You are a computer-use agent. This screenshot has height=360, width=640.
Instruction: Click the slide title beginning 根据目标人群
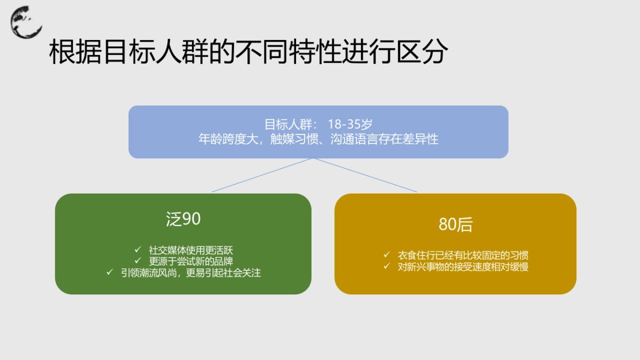point(248,53)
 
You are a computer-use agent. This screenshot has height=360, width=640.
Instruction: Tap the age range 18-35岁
point(350,125)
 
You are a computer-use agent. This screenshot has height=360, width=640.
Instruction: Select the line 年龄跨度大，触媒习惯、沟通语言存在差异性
point(318,139)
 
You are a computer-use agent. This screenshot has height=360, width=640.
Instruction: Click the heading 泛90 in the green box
point(183,219)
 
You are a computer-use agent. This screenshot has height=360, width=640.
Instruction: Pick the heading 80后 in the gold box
point(455,225)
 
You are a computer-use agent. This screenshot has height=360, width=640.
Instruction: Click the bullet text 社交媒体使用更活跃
point(190,250)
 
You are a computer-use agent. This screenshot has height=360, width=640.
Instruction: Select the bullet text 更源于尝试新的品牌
point(190,261)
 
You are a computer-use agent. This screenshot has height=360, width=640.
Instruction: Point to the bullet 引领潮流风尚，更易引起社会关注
point(190,273)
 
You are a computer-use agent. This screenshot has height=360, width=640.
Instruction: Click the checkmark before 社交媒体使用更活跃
point(138,249)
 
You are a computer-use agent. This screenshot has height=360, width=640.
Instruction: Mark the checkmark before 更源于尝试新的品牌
point(138,261)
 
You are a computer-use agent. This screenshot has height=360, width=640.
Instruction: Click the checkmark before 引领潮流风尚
point(110,273)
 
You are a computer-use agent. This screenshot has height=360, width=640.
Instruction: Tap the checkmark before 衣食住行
point(387,254)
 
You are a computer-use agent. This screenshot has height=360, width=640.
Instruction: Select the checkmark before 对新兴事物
point(387,266)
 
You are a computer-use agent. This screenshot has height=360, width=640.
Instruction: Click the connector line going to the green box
point(262,175)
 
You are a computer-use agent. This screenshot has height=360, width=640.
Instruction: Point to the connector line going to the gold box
point(365,175)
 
